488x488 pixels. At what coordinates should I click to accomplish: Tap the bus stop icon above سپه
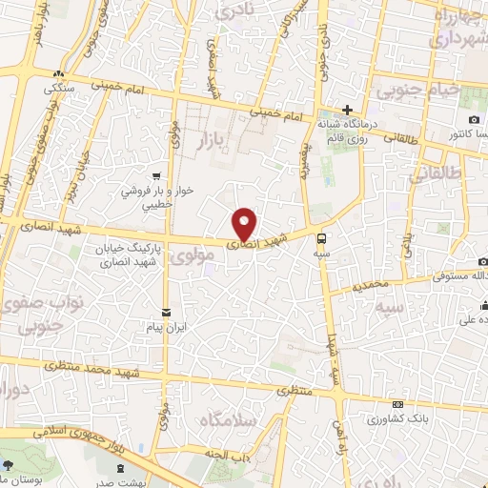pyautogui.click(x=321, y=238)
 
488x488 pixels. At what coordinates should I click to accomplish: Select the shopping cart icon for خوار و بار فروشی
pyautogui.click(x=155, y=175)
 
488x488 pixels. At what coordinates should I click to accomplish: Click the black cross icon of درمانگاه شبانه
pyautogui.click(x=348, y=111)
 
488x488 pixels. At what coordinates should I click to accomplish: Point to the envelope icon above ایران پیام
pyautogui.click(x=168, y=312)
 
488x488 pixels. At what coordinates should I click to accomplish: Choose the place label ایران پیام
pyautogui.click(x=168, y=326)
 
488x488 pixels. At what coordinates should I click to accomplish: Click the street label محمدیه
pyautogui.click(x=369, y=285)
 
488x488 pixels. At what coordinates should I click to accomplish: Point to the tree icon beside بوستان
pyautogui.click(x=9, y=466)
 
